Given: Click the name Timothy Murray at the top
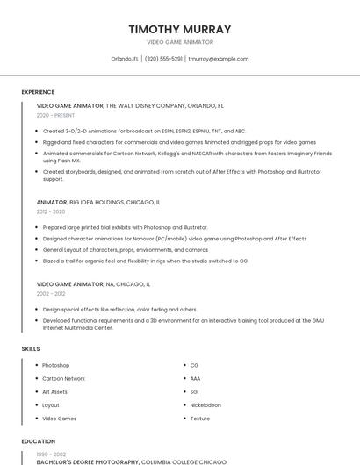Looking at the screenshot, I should click(x=180, y=29).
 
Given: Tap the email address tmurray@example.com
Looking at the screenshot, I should click(x=218, y=59).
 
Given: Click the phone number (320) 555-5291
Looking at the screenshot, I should click(x=163, y=59).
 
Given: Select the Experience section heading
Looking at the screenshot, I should click(x=38, y=91).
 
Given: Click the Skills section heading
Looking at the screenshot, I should click(x=31, y=349).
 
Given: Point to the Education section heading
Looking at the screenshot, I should click(x=38, y=441).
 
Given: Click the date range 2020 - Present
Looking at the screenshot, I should click(x=55, y=115).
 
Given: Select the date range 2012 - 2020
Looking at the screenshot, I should click(x=51, y=211).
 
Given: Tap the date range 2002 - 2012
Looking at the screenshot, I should click(x=51, y=294).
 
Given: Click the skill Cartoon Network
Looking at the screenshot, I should click(x=63, y=378).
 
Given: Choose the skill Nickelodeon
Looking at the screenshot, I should click(x=205, y=405).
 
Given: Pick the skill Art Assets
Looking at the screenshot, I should click(x=54, y=392).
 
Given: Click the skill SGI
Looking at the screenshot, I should click(x=195, y=392).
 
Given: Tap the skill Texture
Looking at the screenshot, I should click(x=200, y=418).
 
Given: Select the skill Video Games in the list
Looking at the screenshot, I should click(x=59, y=418).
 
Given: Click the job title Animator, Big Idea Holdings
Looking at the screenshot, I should click(x=98, y=202).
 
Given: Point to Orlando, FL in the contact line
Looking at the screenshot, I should click(x=125, y=59).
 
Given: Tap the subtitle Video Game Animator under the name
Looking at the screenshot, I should click(x=180, y=42).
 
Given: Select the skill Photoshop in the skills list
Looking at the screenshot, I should click(x=55, y=365).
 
